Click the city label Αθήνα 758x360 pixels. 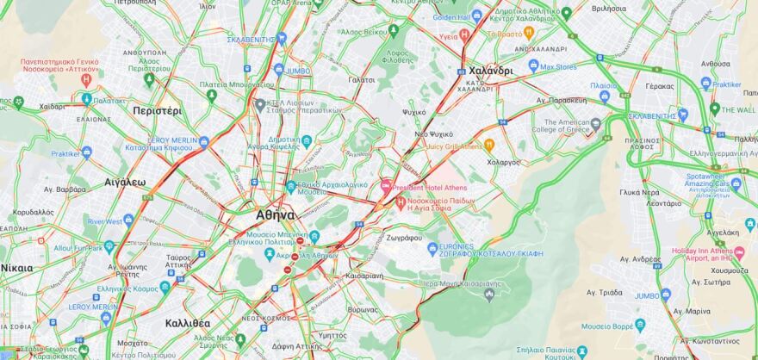[x=276, y=214]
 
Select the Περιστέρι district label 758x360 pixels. [x=158, y=110]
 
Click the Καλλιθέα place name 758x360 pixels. [x=187, y=323]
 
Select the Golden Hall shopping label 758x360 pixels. [x=451, y=16]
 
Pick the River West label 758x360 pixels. [x=105, y=221]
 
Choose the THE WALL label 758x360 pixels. [x=738, y=109]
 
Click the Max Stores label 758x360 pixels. [x=558, y=66]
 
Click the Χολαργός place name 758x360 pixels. [x=504, y=161]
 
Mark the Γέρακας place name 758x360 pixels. [x=659, y=86]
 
